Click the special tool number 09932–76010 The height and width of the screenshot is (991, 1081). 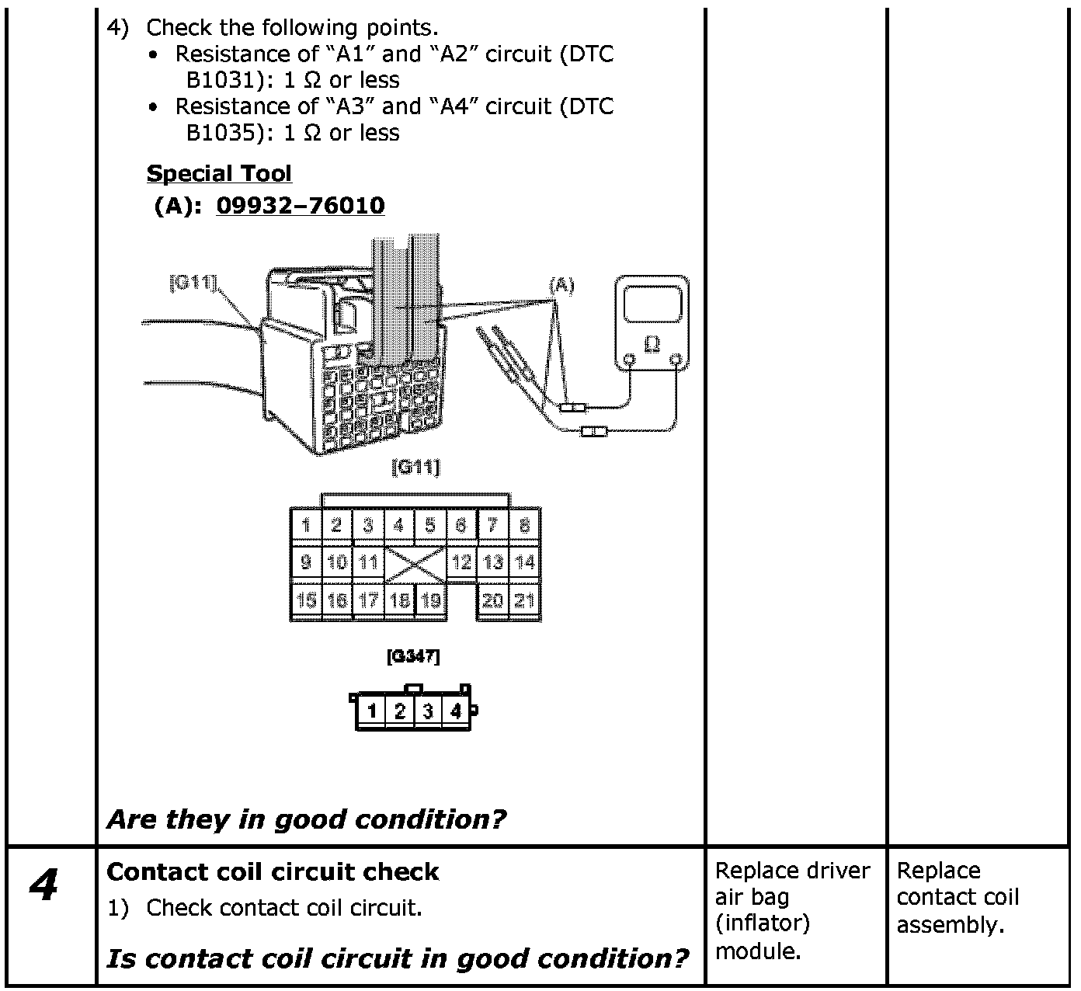click(301, 206)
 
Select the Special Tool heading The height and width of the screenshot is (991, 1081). click(219, 173)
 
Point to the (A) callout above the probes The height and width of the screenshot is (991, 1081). click(561, 286)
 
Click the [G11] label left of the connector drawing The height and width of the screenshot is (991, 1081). click(193, 283)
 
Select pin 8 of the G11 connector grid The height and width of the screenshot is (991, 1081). click(525, 525)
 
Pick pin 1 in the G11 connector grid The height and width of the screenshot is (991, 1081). click(306, 525)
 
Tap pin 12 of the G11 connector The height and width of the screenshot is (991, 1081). click(461, 562)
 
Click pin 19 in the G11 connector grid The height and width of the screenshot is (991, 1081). click(431, 600)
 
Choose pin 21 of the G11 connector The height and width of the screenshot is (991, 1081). click(525, 600)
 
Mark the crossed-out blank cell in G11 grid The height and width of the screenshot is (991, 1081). click(415, 563)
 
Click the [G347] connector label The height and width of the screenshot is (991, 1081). click(413, 657)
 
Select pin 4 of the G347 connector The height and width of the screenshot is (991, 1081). click(456, 711)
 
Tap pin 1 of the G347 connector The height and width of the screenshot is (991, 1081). click(372, 711)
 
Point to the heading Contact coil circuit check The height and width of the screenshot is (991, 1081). click(273, 872)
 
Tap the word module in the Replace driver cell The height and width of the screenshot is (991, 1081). click(756, 951)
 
